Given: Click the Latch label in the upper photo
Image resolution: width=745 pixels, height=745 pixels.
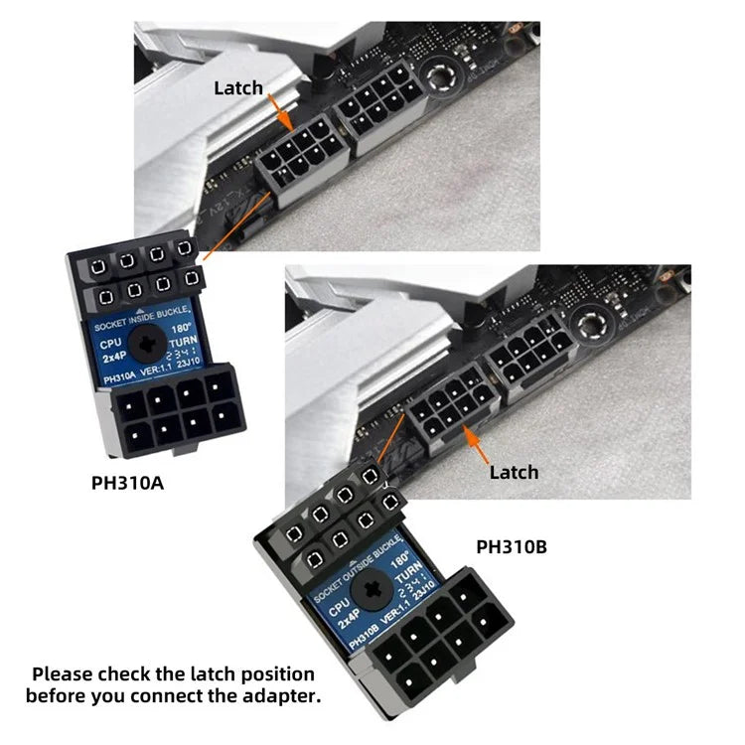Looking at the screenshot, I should click(x=238, y=88).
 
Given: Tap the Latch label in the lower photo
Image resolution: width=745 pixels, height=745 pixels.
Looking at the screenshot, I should click(x=514, y=472).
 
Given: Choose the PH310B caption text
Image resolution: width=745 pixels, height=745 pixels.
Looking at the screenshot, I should click(x=512, y=546).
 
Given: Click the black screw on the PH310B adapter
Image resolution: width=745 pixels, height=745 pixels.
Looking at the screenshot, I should click(x=374, y=589).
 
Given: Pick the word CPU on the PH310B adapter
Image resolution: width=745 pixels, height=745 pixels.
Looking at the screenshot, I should click(x=339, y=605).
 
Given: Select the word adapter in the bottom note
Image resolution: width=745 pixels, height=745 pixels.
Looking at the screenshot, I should click(x=285, y=695).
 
